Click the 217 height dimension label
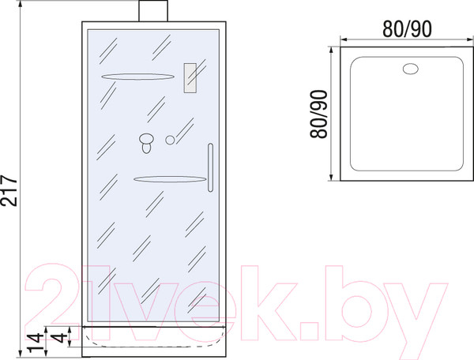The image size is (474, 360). (x=9, y=190)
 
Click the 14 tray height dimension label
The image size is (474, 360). (x=35, y=343)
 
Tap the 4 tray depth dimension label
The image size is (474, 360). (x=60, y=337)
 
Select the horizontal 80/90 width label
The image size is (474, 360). (x=407, y=29)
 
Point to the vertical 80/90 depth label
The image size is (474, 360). (x=319, y=114)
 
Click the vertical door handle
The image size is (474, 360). (x=210, y=167)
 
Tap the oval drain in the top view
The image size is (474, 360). (x=411, y=69)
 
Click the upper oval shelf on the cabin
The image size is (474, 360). (x=137, y=77)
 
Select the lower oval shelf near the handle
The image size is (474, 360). (x=170, y=179)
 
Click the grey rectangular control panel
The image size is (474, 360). (x=190, y=78)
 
